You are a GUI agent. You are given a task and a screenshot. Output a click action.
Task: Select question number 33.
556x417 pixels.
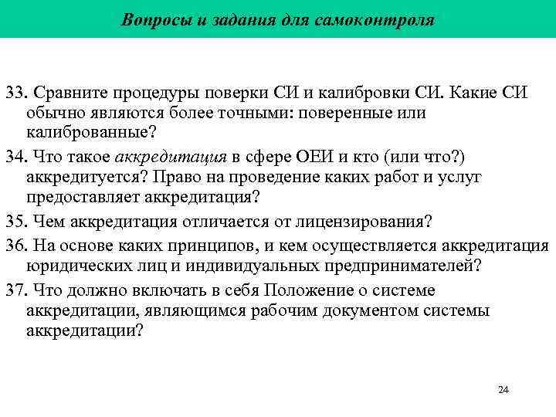[15, 94]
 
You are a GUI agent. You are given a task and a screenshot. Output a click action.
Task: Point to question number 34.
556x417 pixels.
[15, 158]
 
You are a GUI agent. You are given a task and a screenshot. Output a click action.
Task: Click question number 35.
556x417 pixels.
[15, 222]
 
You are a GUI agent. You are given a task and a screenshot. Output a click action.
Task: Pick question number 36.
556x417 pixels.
[15, 245]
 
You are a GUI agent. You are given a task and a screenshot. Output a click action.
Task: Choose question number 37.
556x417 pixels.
[15, 290]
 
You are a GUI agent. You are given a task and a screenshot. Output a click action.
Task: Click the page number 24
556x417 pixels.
[503, 389]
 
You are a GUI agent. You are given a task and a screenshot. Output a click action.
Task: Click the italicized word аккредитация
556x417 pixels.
[171, 158]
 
